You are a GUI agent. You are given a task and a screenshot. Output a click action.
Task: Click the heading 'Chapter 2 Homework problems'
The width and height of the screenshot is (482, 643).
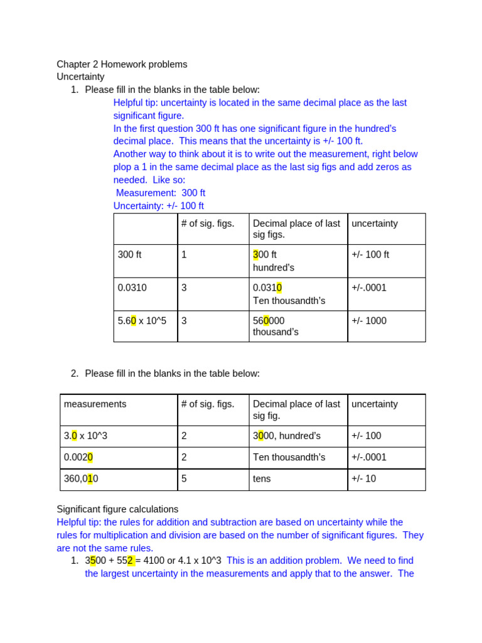122,64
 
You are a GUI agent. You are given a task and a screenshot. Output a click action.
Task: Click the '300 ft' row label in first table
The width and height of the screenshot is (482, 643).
130,255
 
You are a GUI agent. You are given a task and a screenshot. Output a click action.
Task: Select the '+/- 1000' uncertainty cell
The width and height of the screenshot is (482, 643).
369,321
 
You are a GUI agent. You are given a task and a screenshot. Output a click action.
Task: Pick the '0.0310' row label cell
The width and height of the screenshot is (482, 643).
132,288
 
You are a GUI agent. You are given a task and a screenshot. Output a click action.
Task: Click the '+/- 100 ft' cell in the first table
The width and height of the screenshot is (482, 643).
370,255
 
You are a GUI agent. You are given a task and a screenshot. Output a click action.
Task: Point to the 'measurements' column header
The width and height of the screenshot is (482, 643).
95,404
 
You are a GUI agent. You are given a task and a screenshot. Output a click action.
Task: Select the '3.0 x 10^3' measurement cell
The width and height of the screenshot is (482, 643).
90,436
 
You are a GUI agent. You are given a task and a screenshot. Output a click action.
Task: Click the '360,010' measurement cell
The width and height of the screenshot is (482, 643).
81,478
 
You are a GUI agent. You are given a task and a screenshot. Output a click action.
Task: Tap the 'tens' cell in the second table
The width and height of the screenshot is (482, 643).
262,478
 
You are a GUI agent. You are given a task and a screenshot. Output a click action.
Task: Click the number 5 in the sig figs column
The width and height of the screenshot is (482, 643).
184,478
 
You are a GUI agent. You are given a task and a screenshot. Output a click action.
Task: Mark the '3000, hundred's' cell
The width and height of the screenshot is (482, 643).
287,436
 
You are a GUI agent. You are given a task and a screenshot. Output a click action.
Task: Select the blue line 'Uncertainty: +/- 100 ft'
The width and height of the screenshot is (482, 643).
159,206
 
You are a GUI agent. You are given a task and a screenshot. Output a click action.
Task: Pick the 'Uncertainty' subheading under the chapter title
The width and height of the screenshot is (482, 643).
80,77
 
